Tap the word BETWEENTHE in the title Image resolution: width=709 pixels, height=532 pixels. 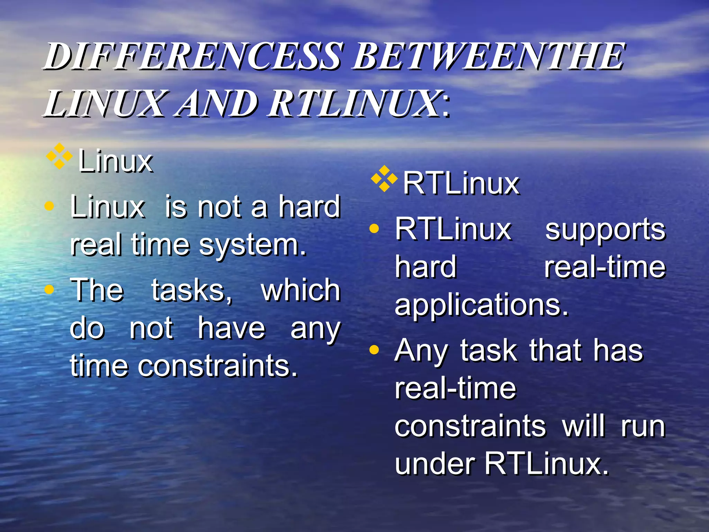[488, 56]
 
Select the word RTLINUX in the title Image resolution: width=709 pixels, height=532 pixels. [353, 103]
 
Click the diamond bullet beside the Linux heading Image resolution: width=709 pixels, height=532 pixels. [59, 156]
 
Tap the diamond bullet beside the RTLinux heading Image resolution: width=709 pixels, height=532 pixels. [384, 179]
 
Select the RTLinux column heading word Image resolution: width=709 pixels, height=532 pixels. [461, 183]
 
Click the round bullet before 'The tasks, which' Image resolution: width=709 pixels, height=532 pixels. [50, 289]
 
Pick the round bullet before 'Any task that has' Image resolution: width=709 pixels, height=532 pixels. [374, 350]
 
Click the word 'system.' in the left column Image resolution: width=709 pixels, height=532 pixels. [253, 245]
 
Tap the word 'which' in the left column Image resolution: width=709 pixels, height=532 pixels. [300, 290]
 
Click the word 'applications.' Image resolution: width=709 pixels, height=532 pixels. [482, 305]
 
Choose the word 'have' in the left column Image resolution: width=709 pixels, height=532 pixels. [231, 328]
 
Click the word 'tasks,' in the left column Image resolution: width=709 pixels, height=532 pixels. [192, 290]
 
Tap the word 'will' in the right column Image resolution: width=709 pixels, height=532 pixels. [584, 426]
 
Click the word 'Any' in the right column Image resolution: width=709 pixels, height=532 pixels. [421, 351]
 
